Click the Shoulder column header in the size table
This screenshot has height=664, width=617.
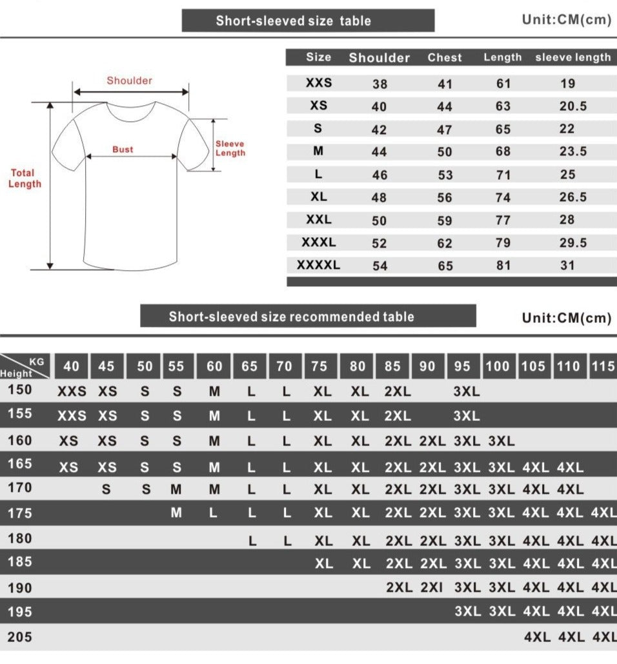379,57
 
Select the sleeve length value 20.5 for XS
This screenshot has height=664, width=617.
572,106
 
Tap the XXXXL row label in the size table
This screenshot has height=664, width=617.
318,265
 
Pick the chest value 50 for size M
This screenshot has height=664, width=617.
445,151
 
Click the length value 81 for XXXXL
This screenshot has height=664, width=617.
503,266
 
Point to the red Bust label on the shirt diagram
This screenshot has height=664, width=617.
123,150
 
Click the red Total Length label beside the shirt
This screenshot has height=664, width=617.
25,179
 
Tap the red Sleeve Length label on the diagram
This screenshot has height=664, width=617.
230,148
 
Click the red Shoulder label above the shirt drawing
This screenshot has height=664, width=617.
129,81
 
